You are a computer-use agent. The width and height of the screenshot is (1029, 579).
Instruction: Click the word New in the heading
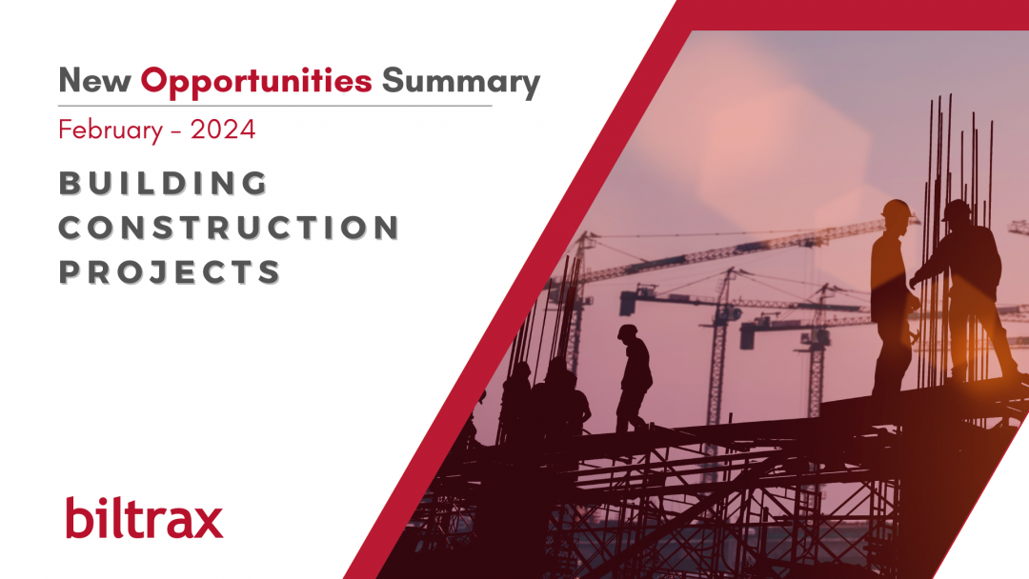[94, 80]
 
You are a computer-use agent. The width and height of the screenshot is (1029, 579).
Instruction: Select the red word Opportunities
[256, 82]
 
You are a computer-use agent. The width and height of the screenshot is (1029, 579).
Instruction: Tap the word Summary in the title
[461, 83]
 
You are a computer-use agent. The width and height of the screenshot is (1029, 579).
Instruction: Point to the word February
[111, 130]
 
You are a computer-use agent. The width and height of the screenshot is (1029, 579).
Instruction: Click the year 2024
[223, 130]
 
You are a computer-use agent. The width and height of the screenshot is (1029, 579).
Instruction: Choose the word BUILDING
[164, 183]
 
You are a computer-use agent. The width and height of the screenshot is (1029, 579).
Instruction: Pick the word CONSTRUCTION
[229, 228]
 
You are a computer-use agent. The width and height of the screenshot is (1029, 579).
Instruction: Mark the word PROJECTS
[170, 271]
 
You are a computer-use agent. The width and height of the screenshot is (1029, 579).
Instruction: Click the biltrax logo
[145, 517]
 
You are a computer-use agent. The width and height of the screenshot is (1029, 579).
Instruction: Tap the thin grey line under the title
[275, 106]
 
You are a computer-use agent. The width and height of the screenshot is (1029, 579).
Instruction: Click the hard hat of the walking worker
[628, 331]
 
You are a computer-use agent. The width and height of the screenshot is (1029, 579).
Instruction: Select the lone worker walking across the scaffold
[634, 378]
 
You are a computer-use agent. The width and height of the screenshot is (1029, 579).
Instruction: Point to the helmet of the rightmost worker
[957, 210]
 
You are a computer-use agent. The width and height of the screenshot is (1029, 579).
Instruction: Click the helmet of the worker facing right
[896, 210]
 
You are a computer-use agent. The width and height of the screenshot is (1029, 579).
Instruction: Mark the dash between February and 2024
[176, 131]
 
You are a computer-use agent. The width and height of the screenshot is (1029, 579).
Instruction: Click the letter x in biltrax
[206, 522]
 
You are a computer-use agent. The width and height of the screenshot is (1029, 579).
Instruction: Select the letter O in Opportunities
[155, 80]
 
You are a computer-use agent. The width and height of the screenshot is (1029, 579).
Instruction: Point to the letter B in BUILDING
[70, 183]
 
